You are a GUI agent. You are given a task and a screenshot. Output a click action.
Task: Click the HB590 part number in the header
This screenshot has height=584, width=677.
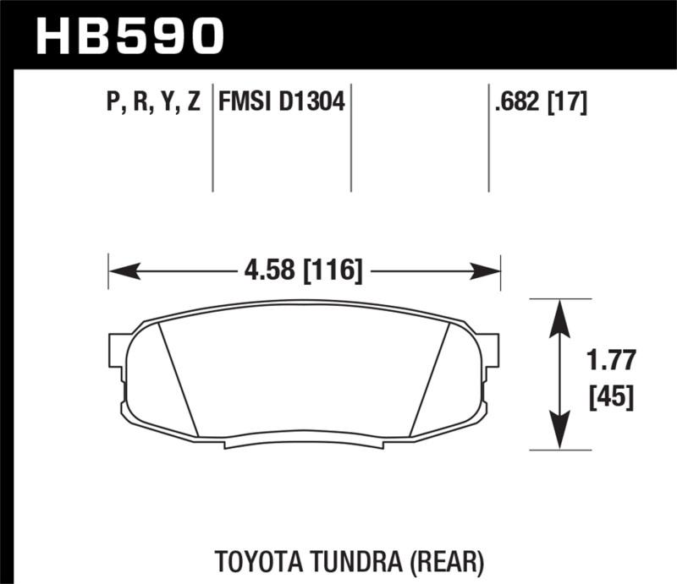pyautogui.click(x=131, y=36)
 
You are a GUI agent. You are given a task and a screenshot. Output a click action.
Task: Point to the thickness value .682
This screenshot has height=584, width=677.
pyautogui.click(x=518, y=104)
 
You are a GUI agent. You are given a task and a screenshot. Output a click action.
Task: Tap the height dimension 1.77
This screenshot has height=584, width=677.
pyautogui.click(x=609, y=363)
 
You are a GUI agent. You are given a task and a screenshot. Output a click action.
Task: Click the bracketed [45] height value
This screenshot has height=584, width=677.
pyautogui.click(x=609, y=396)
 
